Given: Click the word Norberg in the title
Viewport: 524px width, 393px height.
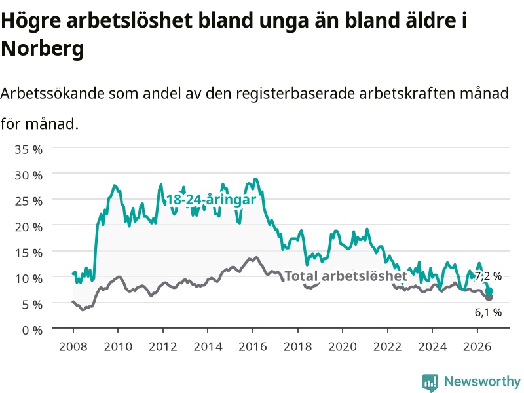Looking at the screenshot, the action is tap(42, 48).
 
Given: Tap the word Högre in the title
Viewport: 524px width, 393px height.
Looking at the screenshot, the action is tap(31, 21).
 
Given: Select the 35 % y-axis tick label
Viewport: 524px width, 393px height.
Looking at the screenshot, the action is tap(28, 149).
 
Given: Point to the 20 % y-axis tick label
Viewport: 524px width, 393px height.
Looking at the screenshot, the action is tap(28, 227).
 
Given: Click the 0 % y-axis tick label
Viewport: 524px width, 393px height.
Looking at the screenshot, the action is tap(32, 331).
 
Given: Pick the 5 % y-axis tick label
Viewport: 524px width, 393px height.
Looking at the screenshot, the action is tap(32, 305).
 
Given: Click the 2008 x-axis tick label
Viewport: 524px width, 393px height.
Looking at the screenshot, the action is tap(73, 346).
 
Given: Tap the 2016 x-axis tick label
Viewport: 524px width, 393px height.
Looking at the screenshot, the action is tap(253, 346).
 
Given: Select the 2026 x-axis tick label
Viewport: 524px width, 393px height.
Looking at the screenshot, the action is tap(477, 346).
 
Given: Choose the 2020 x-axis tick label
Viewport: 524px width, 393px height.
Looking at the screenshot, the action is tap(343, 346).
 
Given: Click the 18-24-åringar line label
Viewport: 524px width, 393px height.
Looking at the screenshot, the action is tap(211, 200).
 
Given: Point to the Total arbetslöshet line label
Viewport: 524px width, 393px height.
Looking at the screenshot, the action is tap(346, 276).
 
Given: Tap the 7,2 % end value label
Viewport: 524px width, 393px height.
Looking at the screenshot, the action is tap(488, 276).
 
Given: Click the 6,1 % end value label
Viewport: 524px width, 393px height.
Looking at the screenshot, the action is tap(488, 312).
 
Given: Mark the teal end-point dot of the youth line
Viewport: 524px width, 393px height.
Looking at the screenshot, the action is tap(489, 291).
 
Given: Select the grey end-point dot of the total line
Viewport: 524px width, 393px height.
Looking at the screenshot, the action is tap(489, 297).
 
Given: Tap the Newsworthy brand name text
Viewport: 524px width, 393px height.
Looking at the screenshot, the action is tap(482, 381).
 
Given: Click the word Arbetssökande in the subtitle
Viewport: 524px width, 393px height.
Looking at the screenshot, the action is tap(52, 94).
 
